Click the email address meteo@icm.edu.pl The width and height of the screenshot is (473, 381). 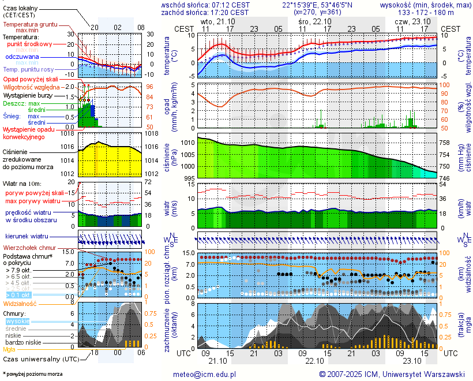coord(205,374)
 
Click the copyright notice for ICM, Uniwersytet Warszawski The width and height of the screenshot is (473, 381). coord(392,374)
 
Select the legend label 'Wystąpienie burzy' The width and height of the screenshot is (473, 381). coord(27,95)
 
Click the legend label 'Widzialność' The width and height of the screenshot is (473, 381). coord(20,303)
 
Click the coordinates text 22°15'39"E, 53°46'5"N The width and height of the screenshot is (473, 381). coord(314,5)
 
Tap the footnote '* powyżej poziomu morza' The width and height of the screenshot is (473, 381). coord(32,374)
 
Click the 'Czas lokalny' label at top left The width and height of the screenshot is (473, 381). coord(21,8)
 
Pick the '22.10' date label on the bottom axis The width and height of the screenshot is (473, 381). coord(315,360)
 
